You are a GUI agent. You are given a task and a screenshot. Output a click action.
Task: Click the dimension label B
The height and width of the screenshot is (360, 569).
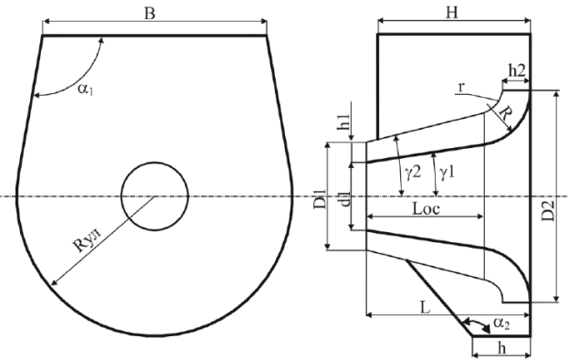point(150,14)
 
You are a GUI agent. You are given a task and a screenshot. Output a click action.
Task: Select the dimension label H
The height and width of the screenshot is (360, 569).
point(452,13)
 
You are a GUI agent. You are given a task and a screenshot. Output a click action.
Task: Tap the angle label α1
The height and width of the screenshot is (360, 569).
point(86,89)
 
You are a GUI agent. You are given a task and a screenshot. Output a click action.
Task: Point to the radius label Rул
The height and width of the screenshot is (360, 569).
point(88,241)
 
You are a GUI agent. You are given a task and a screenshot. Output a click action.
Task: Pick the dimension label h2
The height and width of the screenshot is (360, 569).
point(517,70)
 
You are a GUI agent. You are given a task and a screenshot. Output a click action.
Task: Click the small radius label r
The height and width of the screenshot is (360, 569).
point(461,87)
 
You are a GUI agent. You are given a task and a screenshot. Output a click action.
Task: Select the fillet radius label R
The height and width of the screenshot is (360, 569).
point(505,114)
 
